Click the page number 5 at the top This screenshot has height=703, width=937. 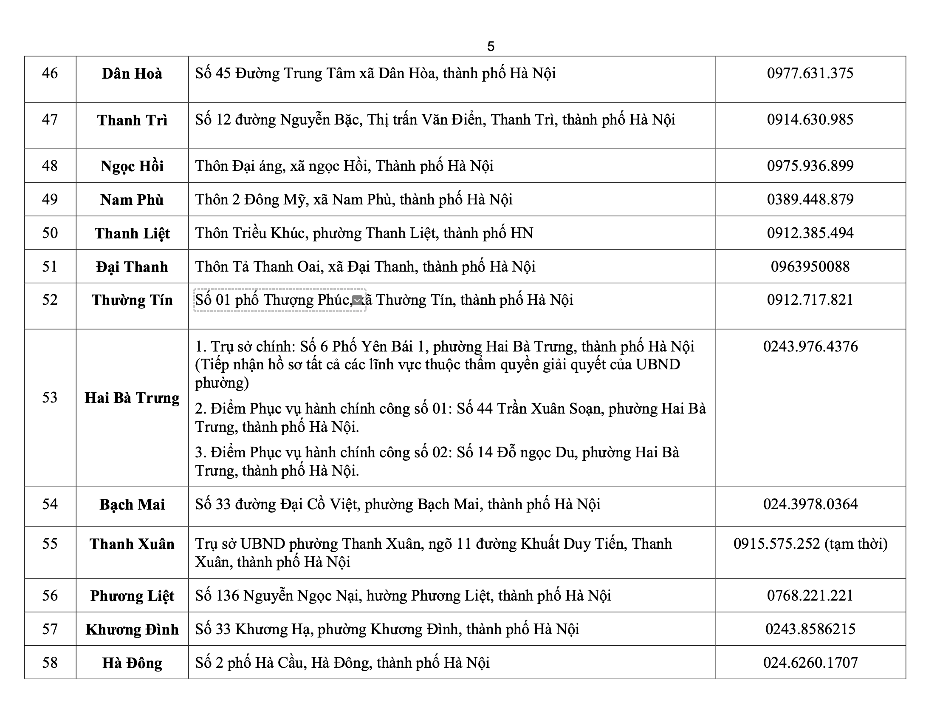coord(491,46)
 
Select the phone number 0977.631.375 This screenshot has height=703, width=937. coord(810,73)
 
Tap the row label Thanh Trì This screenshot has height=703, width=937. coord(132,120)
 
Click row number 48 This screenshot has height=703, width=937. coord(50,165)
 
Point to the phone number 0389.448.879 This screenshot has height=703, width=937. coord(810,199)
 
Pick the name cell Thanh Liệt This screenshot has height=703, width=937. coord(132,233)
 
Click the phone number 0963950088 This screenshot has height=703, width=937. coord(810,266)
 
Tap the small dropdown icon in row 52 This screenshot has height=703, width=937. coord(358,300)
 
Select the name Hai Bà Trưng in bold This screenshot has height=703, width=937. coord(132,398)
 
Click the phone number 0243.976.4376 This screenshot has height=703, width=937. coord(810,346)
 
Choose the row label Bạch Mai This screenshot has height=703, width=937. coord(132,505)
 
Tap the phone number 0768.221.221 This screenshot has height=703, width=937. coord(810,595)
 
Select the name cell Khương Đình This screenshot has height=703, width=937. coord(132,629)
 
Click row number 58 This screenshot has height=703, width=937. coord(50,663)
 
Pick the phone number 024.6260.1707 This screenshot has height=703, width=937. coord(810,663)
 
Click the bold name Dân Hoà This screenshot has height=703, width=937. coord(132,74)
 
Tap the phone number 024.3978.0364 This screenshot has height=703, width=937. coord(810,504)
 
